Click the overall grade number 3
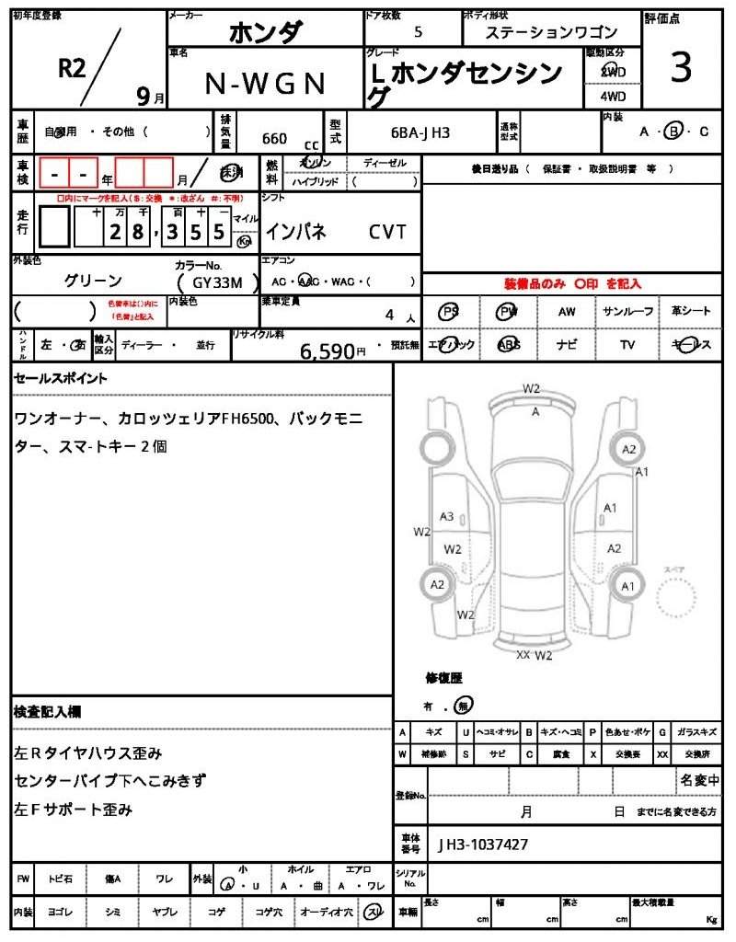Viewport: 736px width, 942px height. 681,69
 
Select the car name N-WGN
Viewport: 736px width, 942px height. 264,84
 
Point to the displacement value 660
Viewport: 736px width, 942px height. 274,139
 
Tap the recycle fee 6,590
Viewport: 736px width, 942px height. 327,350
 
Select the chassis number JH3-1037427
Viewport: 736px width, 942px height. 482,844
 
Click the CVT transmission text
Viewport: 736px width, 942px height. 387,232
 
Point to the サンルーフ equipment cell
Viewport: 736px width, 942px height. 628,312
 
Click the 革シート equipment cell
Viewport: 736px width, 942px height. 691,312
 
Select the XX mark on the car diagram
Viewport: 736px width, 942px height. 523,655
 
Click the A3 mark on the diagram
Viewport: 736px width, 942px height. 446,517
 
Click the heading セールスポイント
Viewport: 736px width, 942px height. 61,378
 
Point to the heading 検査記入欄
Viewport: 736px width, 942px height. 48,712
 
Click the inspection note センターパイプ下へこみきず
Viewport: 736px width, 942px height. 110,781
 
